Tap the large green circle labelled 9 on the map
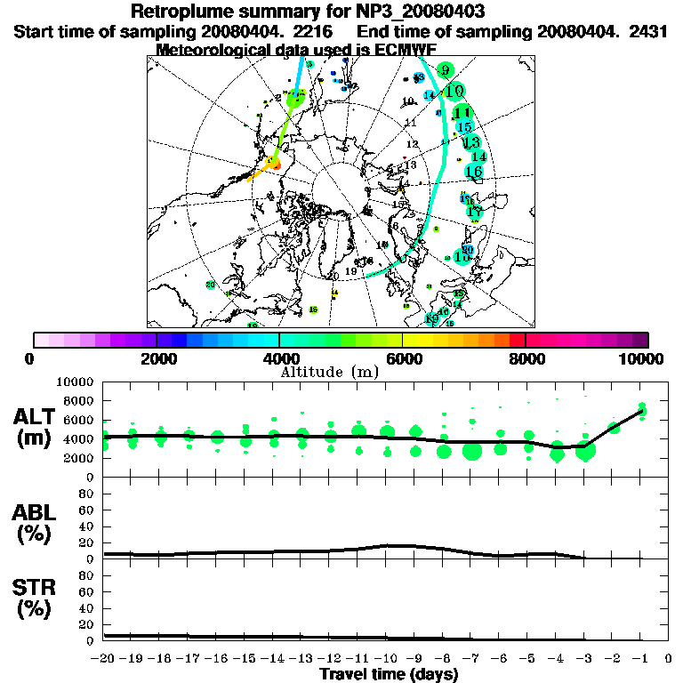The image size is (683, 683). (445, 69)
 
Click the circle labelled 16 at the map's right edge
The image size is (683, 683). (473, 171)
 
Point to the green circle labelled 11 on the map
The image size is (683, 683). (462, 112)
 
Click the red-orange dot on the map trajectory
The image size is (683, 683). (276, 165)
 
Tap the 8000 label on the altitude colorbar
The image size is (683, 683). (526, 358)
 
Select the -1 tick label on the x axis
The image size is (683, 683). (639, 659)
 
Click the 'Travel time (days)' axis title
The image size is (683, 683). (389, 674)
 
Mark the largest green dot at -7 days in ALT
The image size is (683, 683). (472, 451)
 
